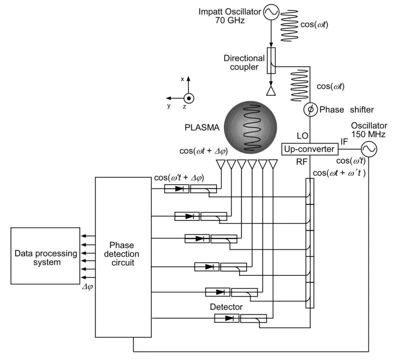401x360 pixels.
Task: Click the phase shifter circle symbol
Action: click(x=310, y=109)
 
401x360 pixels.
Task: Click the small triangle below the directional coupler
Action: click(x=271, y=91)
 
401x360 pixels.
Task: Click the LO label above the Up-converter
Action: click(x=302, y=136)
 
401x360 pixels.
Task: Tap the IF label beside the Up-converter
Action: click(x=344, y=142)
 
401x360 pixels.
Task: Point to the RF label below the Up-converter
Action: click(x=301, y=162)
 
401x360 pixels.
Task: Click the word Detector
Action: click(x=227, y=306)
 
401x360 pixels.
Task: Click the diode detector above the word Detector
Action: click(x=226, y=318)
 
